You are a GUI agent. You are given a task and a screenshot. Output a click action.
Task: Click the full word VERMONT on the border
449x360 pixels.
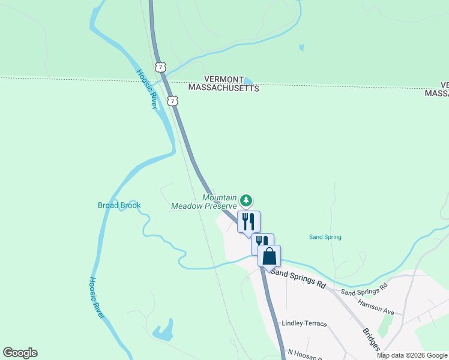(224, 79)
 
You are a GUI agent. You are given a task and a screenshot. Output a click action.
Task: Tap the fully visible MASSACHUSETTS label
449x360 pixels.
(223, 88)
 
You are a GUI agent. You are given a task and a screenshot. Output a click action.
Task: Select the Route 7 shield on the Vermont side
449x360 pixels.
(159, 67)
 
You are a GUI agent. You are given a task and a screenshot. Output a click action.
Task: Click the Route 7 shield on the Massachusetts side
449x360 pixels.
(173, 101)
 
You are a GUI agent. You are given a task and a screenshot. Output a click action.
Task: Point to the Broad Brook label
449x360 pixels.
(119, 205)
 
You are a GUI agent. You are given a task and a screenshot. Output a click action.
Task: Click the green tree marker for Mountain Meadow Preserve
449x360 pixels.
(246, 200)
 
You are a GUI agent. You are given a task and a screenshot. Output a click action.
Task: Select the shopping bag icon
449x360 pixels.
(270, 256)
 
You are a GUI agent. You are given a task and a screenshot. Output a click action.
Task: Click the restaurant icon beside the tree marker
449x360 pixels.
(249, 221)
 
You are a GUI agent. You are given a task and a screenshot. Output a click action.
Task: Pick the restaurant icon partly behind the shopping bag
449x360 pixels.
(261, 241)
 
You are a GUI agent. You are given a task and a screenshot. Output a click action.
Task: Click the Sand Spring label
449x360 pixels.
(325, 237)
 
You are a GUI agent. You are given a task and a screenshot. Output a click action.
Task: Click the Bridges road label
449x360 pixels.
(370, 340)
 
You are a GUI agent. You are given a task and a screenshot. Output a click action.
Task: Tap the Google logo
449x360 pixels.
(20, 353)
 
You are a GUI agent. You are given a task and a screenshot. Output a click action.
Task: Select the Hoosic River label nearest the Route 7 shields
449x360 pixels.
(146, 89)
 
